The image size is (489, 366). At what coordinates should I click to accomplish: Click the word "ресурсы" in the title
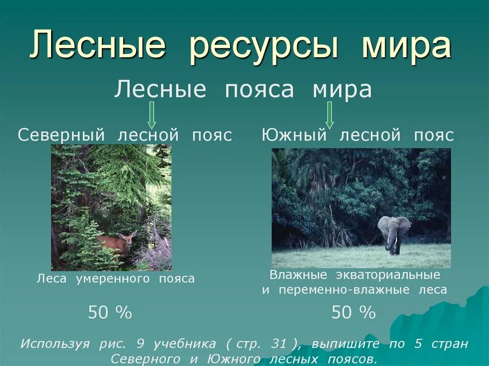(264, 46)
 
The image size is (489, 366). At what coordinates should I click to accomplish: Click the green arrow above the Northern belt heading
(151, 115)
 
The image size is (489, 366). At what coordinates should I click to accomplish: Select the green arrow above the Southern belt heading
(329, 115)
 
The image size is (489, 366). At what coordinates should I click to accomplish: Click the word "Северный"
(61, 135)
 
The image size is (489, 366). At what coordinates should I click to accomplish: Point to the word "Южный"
(294, 135)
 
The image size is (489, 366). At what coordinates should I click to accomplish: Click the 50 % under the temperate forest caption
(110, 313)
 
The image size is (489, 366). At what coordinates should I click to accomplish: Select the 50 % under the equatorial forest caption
(353, 313)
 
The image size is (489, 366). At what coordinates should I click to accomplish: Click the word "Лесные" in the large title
(97, 46)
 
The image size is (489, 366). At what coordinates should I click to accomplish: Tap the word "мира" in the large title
(406, 46)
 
